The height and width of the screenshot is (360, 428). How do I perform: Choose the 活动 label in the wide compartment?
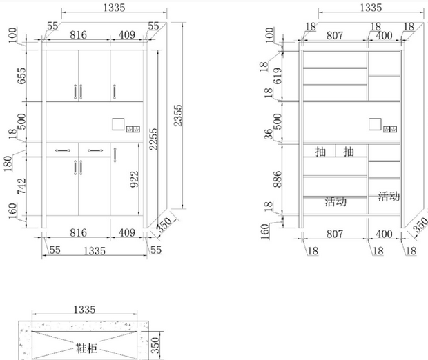[335, 202]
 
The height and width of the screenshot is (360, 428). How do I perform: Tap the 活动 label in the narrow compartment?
[389, 197]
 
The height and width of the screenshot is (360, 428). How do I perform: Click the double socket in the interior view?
[391, 128]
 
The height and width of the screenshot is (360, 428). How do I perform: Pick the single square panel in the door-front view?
[117, 124]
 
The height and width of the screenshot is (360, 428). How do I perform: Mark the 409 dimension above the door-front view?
[126, 34]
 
